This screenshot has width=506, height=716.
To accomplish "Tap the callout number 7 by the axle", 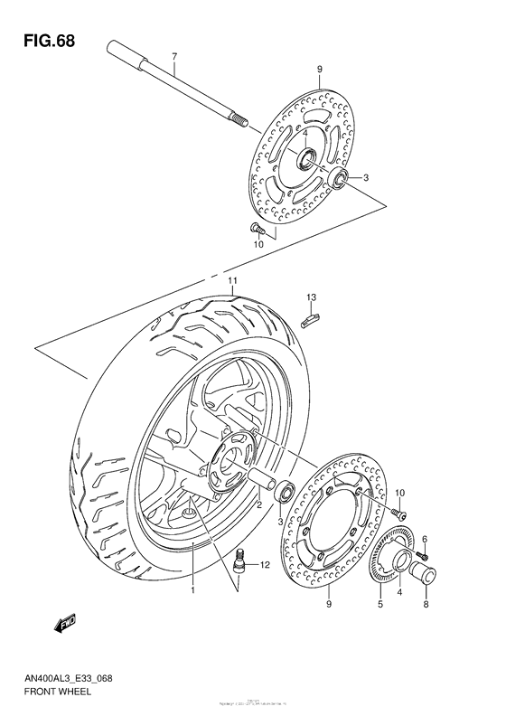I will [173, 57].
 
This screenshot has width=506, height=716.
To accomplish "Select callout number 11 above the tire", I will [232, 282].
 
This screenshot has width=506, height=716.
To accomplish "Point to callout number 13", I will [310, 297].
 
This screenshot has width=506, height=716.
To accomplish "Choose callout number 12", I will [265, 566].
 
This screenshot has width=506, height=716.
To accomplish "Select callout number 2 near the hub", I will [259, 505].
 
